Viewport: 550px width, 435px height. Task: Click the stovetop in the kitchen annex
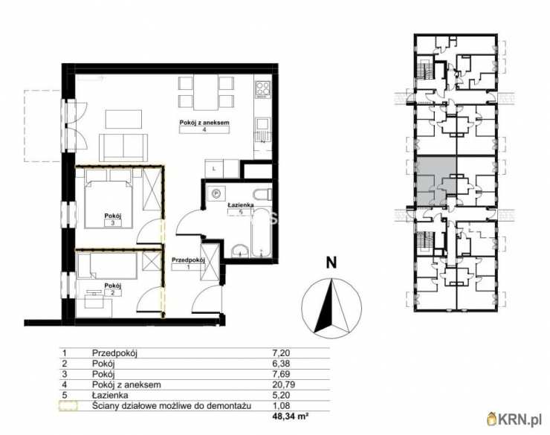tap(263, 89)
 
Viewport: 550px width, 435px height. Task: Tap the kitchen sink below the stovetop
tap(263, 124)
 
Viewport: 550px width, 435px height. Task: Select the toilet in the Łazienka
tap(262, 195)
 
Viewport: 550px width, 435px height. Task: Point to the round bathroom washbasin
tap(240, 251)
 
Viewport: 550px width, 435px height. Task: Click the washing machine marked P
tap(216, 193)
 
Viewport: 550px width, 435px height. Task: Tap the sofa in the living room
tap(123, 147)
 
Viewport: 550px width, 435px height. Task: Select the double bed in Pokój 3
tap(109, 199)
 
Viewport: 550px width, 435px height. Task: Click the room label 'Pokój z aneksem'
tap(204, 123)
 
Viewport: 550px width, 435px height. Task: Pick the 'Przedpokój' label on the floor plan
tap(188, 260)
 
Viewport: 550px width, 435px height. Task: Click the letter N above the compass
tap(331, 262)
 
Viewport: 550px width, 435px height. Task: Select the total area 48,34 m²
tap(291, 416)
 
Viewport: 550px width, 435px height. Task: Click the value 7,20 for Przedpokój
tap(281, 353)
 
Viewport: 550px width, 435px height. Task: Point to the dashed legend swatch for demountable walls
tap(68, 406)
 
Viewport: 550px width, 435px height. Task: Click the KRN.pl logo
tap(516, 419)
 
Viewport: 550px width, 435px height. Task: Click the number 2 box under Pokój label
tap(113, 293)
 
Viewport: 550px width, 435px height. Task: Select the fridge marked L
tap(214, 169)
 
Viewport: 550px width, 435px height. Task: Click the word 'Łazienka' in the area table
tap(110, 396)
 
